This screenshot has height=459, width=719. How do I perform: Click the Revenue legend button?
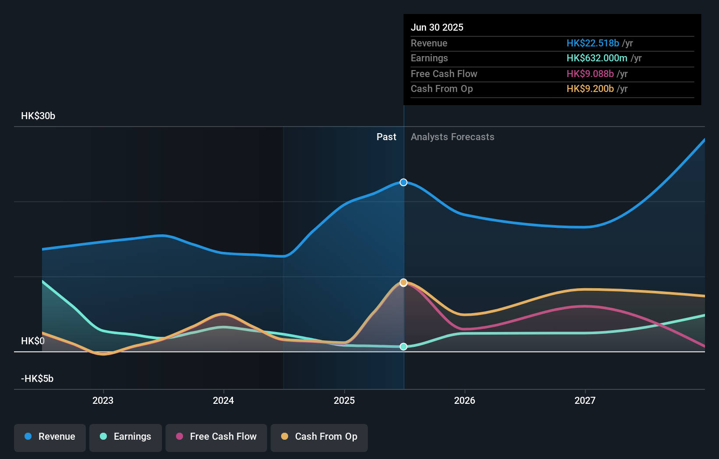tap(50, 437)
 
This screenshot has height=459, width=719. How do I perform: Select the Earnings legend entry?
tap(126, 437)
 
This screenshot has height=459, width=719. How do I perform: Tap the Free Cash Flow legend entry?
tap(216, 437)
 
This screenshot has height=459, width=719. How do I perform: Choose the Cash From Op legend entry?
tap(319, 437)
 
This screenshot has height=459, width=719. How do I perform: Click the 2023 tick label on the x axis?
tap(103, 400)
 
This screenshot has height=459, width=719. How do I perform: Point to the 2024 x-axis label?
tap(223, 400)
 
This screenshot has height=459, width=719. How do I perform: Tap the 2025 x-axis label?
tap(344, 400)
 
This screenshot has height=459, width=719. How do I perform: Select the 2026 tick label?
tap(465, 400)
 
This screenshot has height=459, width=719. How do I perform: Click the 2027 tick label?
tap(585, 400)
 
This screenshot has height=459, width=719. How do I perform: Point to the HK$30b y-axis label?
tap(38, 116)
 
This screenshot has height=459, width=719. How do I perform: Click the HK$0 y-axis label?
tap(33, 341)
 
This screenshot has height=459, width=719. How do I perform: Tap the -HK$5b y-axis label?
tap(37, 379)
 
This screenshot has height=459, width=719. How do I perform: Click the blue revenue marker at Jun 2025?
tap(404, 182)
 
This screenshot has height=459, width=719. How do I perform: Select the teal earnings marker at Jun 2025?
tap(404, 346)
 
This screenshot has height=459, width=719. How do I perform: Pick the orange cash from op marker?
tap(404, 282)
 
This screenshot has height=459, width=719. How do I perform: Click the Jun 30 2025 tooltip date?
tap(437, 27)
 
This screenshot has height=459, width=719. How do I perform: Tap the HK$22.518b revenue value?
tap(593, 43)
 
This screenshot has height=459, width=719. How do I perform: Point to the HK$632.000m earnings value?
tap(597, 58)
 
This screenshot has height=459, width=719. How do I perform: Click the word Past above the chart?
tap(386, 137)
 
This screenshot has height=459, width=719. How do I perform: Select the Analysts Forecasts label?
tap(452, 137)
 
